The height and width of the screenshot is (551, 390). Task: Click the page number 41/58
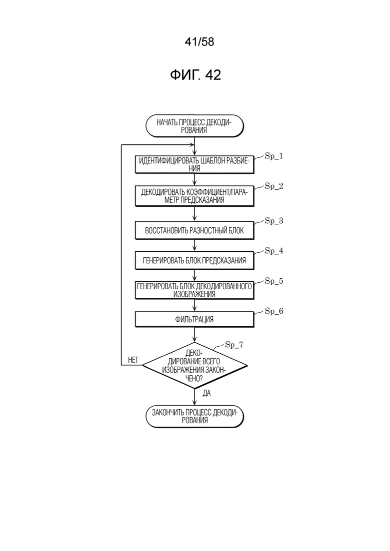point(199,42)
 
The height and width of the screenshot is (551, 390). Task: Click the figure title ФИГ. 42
point(195,75)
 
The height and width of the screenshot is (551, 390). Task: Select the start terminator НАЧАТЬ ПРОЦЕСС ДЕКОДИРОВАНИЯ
point(194,126)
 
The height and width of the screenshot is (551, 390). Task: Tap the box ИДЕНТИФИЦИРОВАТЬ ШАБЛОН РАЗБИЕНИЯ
point(194,164)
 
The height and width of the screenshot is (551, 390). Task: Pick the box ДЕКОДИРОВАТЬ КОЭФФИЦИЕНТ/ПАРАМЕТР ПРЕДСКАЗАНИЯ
point(194,196)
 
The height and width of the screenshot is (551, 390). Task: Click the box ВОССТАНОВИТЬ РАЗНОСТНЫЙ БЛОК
point(194,230)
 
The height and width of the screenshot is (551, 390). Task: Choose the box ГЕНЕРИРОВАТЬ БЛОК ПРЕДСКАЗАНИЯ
point(194,260)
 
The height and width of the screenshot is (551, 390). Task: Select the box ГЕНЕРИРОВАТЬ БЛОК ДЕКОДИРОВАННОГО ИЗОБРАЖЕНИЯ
point(194,290)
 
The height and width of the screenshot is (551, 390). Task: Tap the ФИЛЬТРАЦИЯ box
point(194,319)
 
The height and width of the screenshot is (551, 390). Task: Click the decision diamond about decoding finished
point(194,365)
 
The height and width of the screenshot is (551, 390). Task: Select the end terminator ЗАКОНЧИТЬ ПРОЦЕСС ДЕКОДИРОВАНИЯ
point(194,417)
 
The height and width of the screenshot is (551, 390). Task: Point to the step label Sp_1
point(274,156)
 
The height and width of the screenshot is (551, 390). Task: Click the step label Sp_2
point(274,186)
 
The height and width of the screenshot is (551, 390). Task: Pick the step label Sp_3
point(274,221)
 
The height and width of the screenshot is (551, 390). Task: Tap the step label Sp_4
point(274,251)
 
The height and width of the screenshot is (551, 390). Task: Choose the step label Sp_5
point(274,281)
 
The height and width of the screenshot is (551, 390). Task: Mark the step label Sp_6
point(274,311)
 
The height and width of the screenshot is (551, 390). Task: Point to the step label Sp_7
point(234,345)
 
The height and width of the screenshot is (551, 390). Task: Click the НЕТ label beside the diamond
point(133,360)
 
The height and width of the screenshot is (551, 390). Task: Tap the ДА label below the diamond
point(207,393)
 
